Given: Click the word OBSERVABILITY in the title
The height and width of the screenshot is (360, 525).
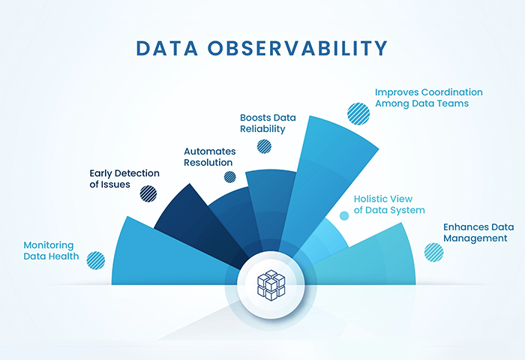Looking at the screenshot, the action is pos(298,48).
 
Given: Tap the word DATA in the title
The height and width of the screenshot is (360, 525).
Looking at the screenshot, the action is pos(167,48).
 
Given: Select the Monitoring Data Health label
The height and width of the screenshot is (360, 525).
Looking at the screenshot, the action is pos(51,250).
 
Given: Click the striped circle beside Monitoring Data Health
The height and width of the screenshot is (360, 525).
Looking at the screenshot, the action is pos(96,260).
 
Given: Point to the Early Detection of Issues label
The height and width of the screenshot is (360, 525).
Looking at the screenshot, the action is pos(124,178).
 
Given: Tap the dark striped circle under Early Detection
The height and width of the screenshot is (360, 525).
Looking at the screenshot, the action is pos(148,193).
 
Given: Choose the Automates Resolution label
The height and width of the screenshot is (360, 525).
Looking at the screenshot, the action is pos(209,157).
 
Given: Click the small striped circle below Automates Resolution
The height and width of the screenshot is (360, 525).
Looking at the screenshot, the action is pos(230,177).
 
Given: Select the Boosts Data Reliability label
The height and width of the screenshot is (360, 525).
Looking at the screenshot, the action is pos(268,123).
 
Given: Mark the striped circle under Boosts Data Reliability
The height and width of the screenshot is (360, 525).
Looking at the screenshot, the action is pos(264,146).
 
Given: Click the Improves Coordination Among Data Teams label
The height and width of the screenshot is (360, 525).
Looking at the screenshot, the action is pos(428,97).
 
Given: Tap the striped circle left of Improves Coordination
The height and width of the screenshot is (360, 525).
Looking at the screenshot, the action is pos(358,114).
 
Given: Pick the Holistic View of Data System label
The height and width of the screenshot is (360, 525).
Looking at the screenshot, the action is pos(389,204).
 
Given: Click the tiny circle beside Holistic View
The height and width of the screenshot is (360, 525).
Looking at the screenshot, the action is pos(344,216).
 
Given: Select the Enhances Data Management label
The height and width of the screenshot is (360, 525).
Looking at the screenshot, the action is pos(478,232).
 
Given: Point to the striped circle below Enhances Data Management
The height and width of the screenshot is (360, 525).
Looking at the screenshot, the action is pos(434,252).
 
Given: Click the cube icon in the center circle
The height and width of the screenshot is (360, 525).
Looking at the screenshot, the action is pos(271,285).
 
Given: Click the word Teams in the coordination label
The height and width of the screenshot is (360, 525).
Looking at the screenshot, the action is pos(454,103).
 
